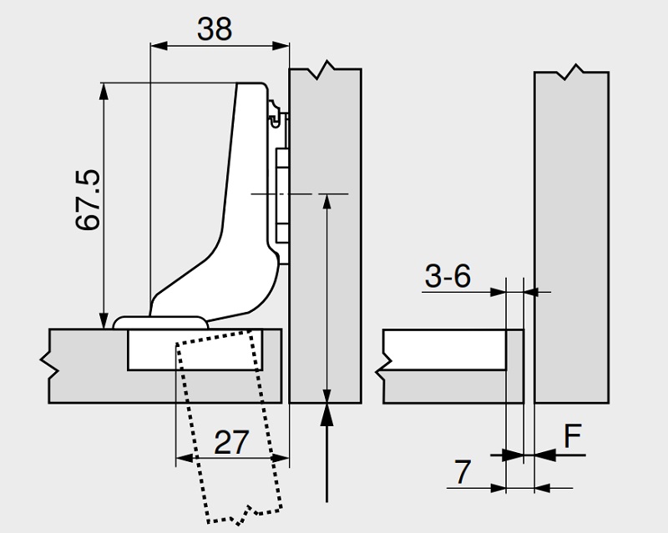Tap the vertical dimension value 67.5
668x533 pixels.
[x=89, y=200]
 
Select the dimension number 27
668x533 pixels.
[x=232, y=442]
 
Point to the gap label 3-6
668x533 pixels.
[x=448, y=277]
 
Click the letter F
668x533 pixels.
[x=572, y=435]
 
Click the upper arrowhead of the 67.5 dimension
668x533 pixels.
[x=104, y=90]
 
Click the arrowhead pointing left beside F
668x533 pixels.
[x=544, y=455]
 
